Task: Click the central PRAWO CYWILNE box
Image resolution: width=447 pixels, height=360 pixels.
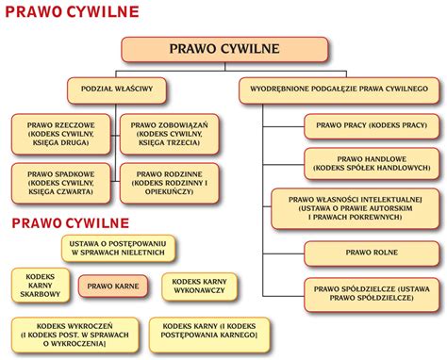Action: coord(224,50)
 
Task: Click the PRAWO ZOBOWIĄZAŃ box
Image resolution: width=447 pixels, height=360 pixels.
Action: coord(171,134)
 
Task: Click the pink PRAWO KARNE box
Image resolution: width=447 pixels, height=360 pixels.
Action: coord(113,286)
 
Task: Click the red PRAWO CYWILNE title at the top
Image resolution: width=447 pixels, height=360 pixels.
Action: coord(72,12)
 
